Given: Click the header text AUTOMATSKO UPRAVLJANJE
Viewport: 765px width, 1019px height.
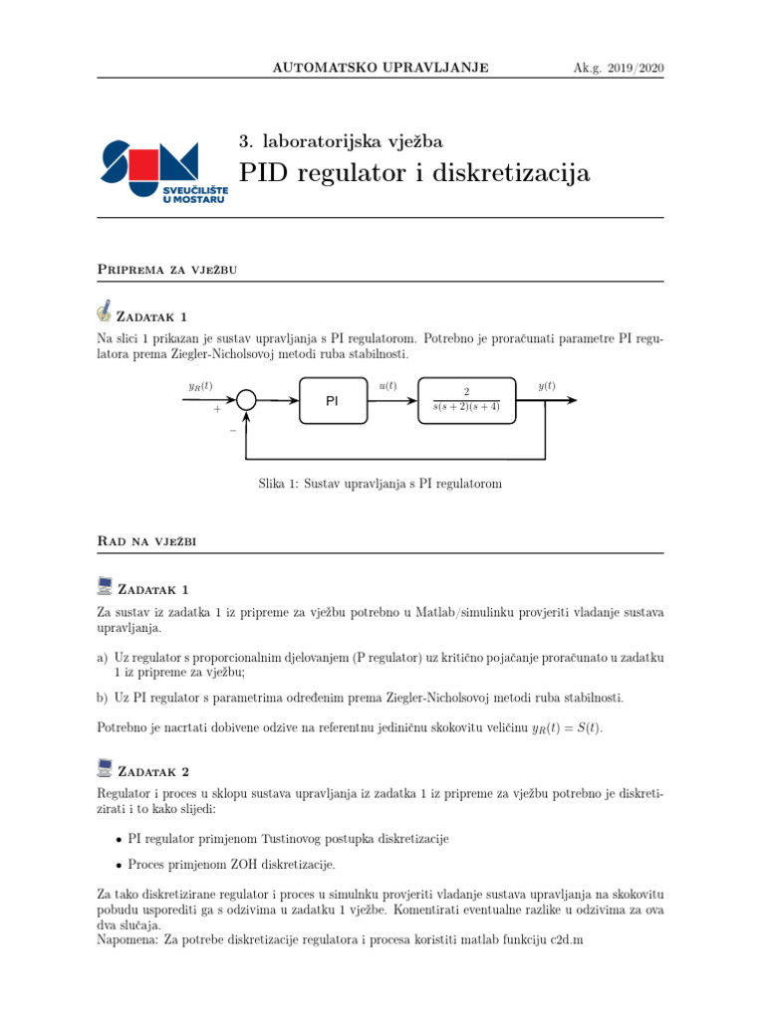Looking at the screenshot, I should click(x=380, y=68).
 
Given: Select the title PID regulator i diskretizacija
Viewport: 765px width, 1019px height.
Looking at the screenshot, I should click(x=414, y=173).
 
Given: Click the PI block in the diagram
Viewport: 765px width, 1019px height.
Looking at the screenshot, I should click(x=333, y=401).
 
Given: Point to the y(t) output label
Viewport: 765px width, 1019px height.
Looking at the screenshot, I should click(x=547, y=386).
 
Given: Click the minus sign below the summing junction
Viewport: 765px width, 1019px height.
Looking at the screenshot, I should click(x=232, y=431).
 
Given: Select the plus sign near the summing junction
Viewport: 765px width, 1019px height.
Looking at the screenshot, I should click(x=216, y=408).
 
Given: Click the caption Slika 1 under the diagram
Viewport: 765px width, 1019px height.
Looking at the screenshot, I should click(x=379, y=484).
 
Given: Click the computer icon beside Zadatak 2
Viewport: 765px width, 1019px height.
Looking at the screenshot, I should click(x=106, y=768).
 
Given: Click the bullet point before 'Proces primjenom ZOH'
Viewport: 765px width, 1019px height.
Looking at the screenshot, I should click(x=120, y=864).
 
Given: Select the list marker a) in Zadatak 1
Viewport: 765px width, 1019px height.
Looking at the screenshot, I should click(x=104, y=658).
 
